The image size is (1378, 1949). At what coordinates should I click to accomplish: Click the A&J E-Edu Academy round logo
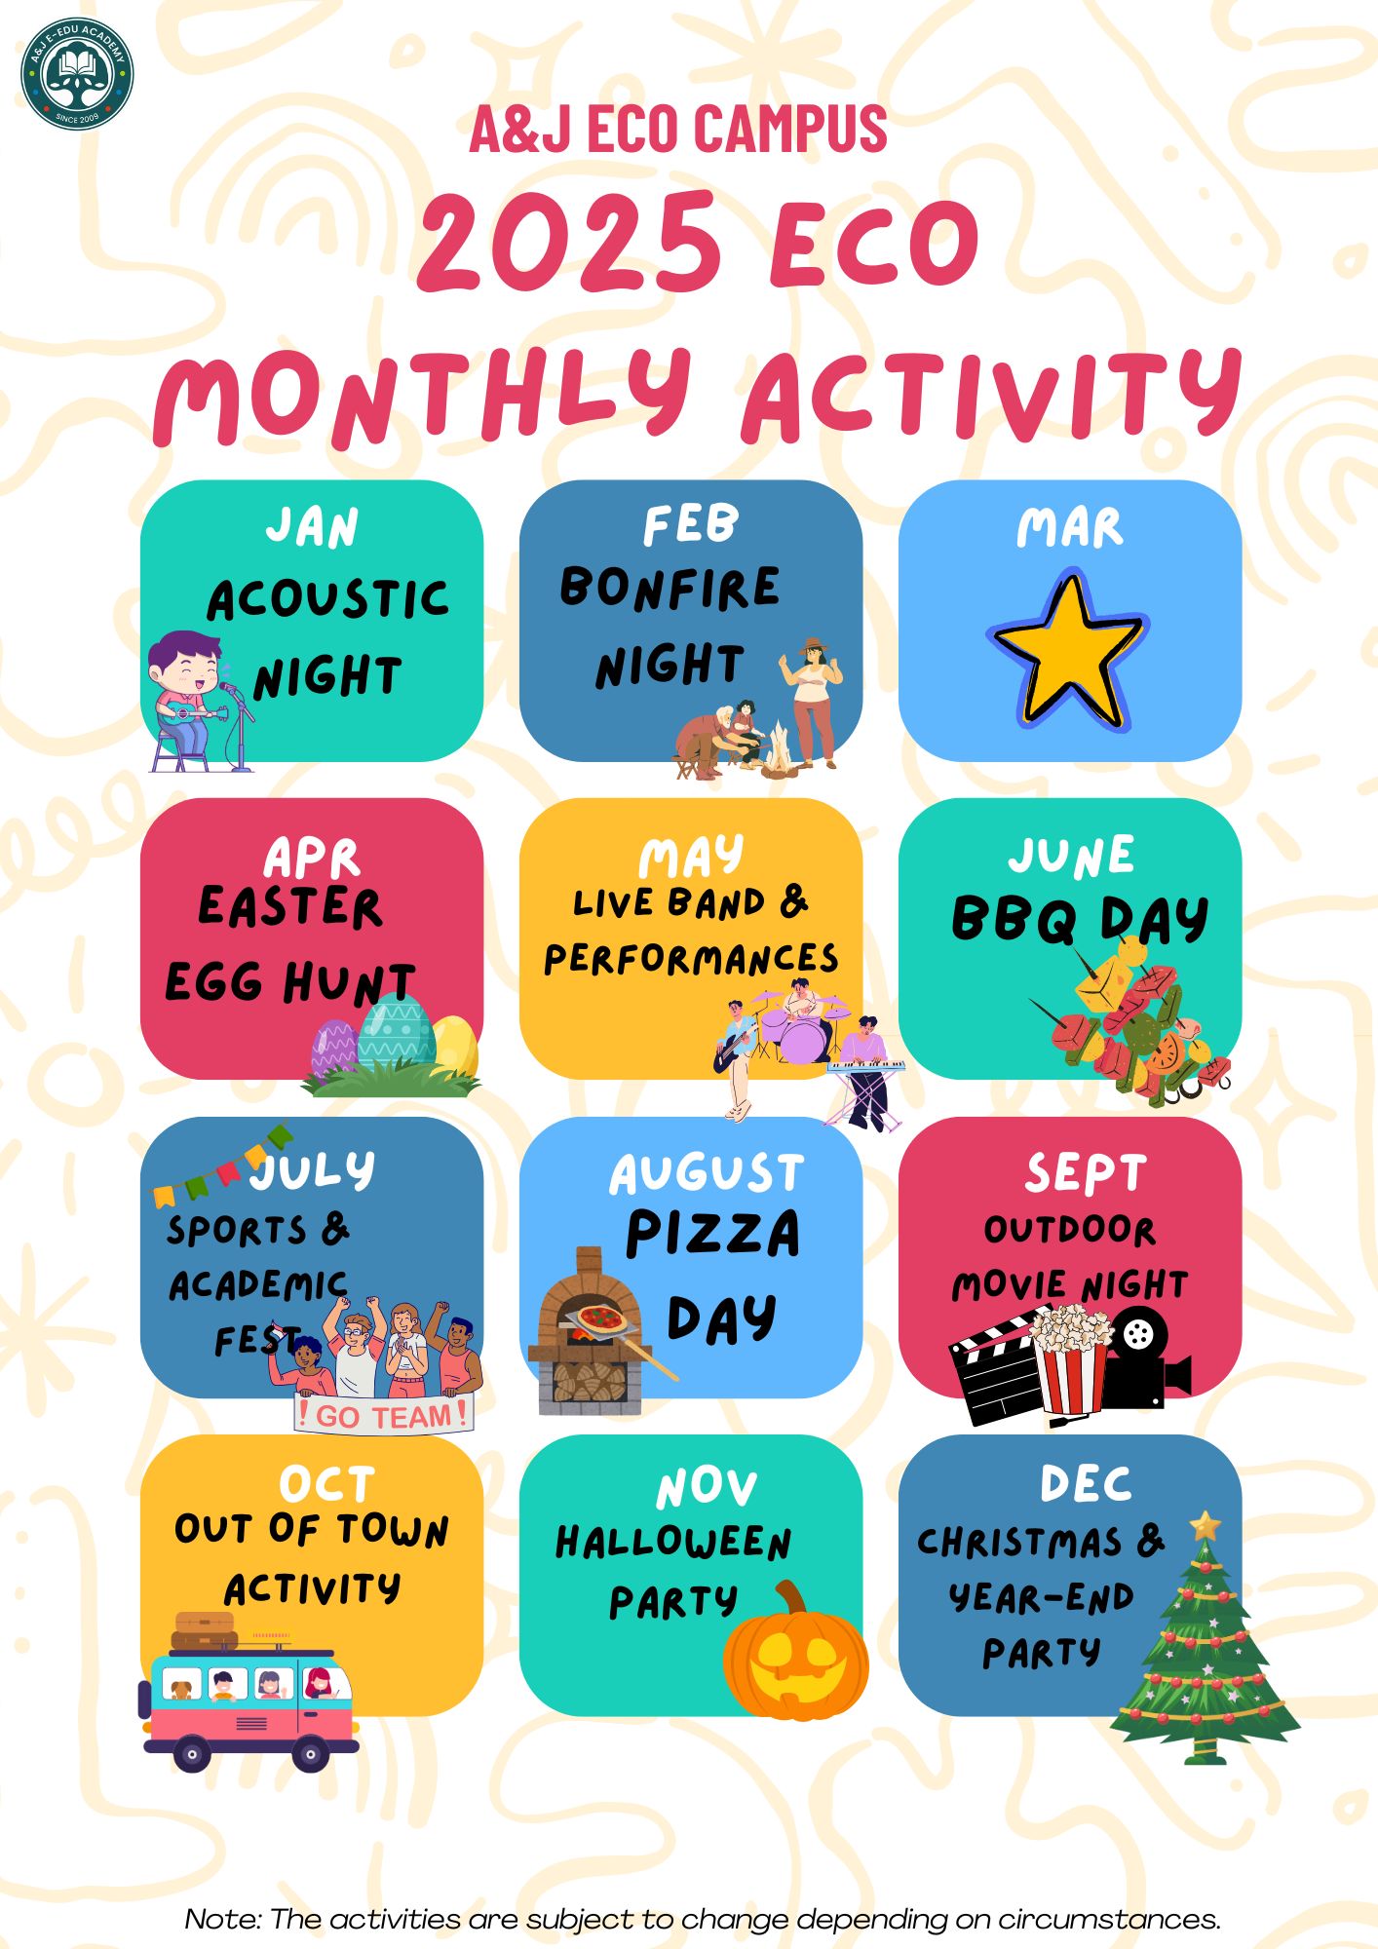[x=77, y=74]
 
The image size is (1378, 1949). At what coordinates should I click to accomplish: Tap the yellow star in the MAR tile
[x=1069, y=651]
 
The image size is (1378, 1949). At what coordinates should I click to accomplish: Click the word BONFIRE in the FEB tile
[x=670, y=588]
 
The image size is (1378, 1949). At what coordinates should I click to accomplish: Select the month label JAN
[x=312, y=527]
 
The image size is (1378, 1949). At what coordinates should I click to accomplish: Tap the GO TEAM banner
[x=384, y=1414]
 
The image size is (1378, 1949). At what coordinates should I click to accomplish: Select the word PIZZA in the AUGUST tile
[x=712, y=1235]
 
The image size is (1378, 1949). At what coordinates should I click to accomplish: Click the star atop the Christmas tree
[x=1206, y=1524]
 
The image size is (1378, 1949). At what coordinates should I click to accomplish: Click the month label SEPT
[x=1085, y=1173]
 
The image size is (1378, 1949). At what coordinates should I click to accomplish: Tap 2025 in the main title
[x=568, y=241]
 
